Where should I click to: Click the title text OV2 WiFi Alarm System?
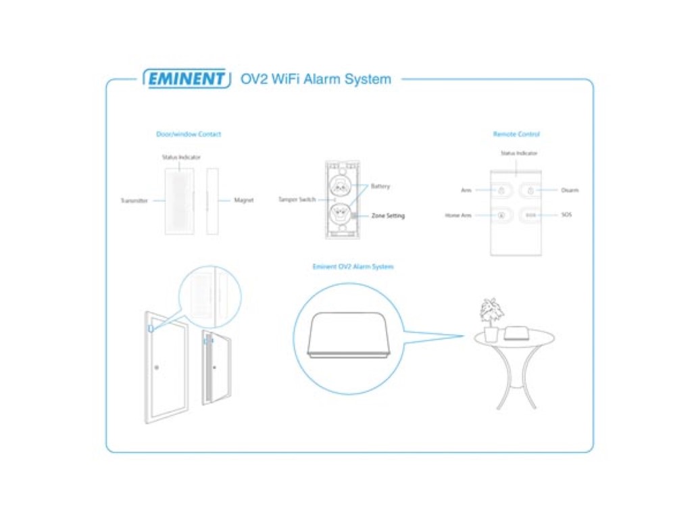[x=316, y=79]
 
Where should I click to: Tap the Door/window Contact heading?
[x=189, y=134]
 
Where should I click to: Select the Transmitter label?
[x=134, y=201]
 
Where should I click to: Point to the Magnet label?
[x=244, y=201]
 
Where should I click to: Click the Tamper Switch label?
[x=297, y=200]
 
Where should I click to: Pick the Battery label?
[x=380, y=187]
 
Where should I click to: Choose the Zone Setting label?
[x=388, y=216]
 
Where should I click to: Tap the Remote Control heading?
[x=516, y=134]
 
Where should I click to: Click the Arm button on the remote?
[x=502, y=191]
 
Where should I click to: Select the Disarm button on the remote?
[x=530, y=191]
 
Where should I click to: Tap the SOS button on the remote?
[x=530, y=216]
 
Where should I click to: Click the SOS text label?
[x=566, y=215]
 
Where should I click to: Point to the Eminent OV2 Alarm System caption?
[x=353, y=266]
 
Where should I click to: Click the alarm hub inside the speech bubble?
[x=349, y=335]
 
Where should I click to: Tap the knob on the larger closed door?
[x=157, y=368]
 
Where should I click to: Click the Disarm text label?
[x=570, y=191]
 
